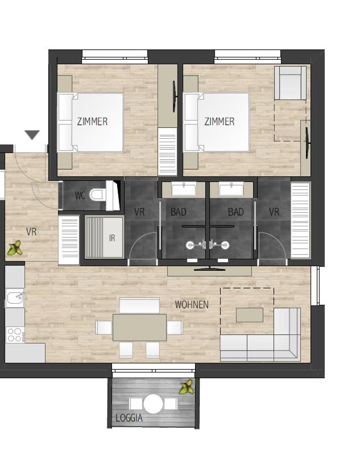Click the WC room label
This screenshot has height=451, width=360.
80,195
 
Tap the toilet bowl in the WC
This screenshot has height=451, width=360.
96,195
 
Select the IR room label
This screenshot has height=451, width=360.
112,238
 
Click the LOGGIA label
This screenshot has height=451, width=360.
129,417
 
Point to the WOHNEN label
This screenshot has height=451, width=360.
192,305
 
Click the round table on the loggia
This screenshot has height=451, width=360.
153,404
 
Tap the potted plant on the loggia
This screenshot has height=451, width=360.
187,387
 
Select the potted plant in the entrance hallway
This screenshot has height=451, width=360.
15,248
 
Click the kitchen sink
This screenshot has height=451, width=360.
15,297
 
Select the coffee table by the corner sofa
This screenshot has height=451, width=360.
250,315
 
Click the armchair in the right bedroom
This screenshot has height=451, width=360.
290,83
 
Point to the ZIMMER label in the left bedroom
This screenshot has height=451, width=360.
92,121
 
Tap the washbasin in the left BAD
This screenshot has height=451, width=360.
184,190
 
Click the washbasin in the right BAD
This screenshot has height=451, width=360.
231,190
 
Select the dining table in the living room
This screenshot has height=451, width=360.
139,328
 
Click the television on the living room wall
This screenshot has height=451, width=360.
209,269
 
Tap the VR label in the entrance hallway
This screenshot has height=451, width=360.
31,232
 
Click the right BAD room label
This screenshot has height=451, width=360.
236,212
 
